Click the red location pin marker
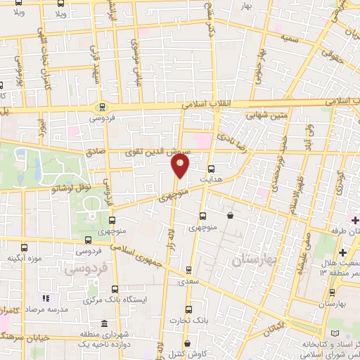[180, 166]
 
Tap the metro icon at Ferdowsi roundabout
[103, 108]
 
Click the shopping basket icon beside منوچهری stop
[231, 216]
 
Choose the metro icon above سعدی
[188, 270]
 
